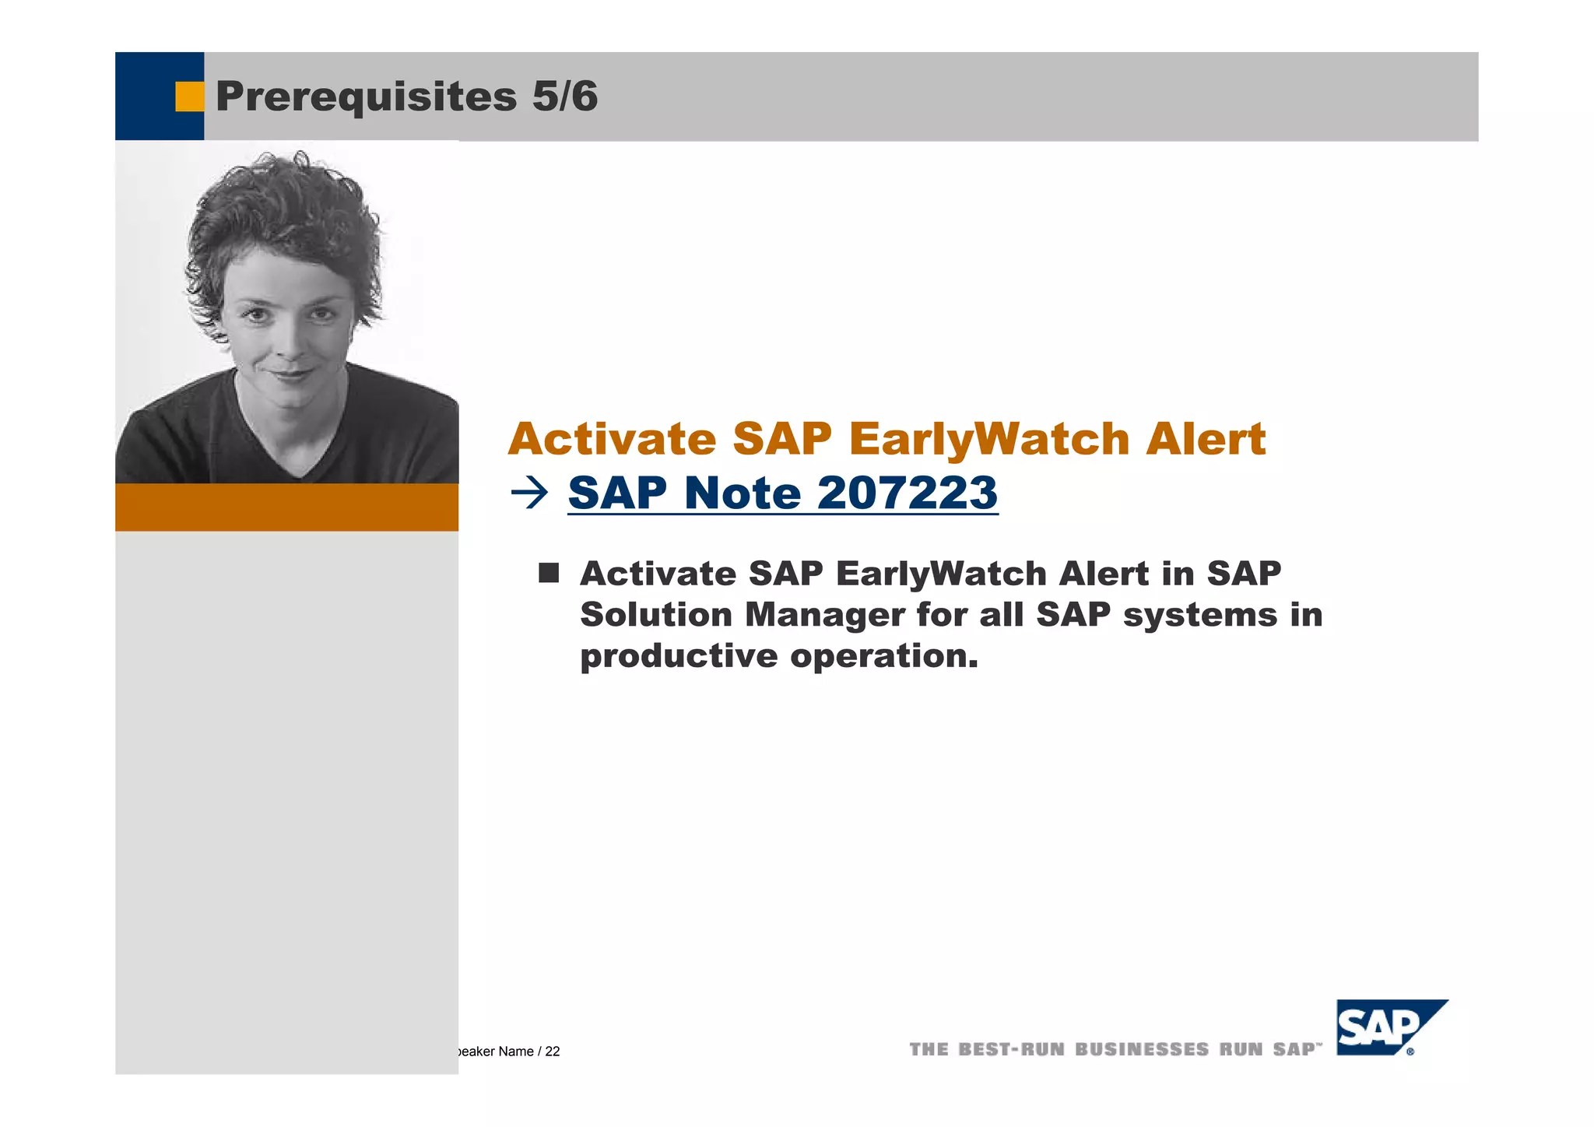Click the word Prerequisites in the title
(366, 97)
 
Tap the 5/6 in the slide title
(565, 97)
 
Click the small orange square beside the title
(189, 97)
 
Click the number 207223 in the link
(908, 493)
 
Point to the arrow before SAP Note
(530, 493)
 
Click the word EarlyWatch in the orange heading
(988, 440)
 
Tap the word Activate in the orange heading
(612, 439)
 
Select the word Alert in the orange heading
(1206, 439)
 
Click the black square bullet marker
(549, 574)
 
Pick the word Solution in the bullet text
(656, 615)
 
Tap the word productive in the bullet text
(679, 656)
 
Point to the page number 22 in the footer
(553, 1052)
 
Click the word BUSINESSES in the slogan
(1142, 1050)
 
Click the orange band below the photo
(286, 507)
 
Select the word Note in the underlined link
(743, 493)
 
